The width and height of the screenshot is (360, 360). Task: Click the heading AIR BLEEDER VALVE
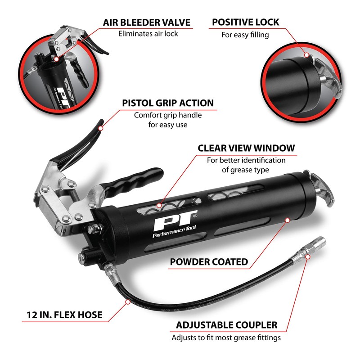[x=147, y=22]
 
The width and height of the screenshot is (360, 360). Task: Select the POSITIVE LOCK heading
[x=245, y=22]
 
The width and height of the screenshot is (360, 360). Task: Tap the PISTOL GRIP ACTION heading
[x=168, y=103]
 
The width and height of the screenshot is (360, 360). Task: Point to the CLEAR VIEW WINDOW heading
[x=246, y=148]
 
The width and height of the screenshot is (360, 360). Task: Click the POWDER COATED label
[x=208, y=262]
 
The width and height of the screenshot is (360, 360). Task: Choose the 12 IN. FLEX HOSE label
[x=62, y=315]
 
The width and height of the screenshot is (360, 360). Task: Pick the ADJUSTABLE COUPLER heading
[x=226, y=325]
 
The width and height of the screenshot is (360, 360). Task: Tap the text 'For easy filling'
[x=245, y=35]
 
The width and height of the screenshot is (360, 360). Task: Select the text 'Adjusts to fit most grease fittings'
[x=226, y=337]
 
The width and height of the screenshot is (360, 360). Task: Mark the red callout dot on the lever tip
[x=101, y=128]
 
